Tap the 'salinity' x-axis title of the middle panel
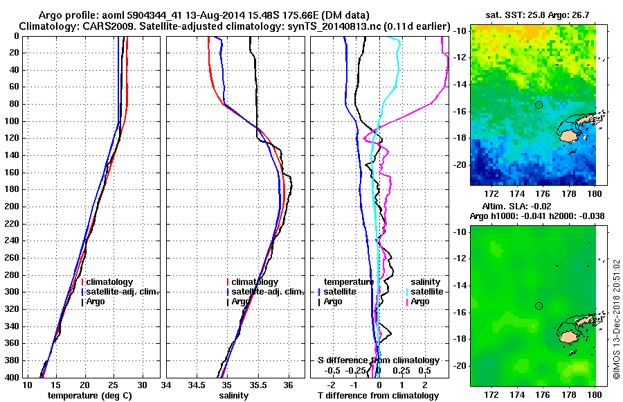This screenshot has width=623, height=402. [235, 395]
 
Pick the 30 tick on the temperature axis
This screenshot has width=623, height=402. [142, 384]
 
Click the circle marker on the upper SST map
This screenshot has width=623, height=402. [539, 105]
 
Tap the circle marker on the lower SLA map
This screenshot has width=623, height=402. [539, 306]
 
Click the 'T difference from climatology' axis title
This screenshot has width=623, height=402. [378, 395]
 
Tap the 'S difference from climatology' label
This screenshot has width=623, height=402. [378, 360]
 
